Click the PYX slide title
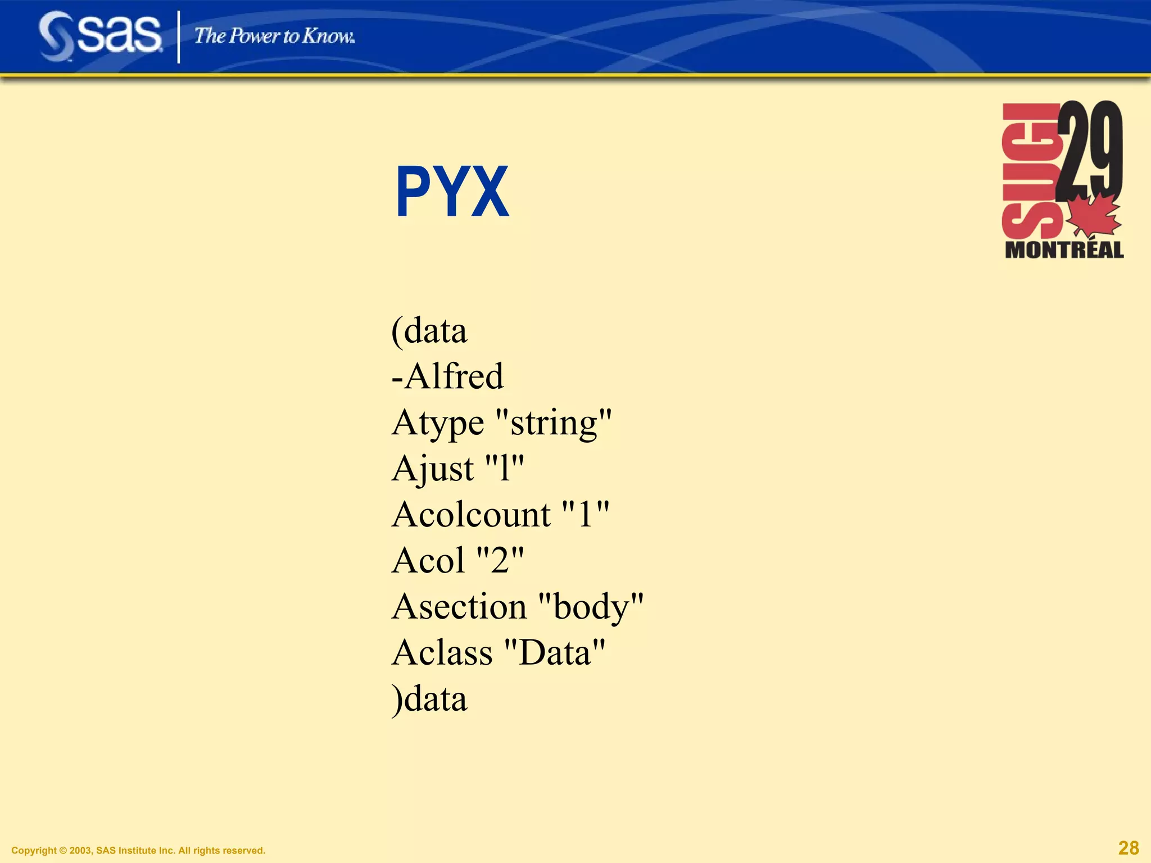(x=452, y=192)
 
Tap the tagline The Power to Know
(x=274, y=37)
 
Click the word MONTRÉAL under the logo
(x=1064, y=250)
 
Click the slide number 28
(x=1129, y=848)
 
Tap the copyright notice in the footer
(x=138, y=851)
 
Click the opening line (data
(x=429, y=330)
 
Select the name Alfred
(x=454, y=376)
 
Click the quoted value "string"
(x=554, y=423)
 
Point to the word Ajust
(x=433, y=469)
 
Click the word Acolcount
(x=471, y=515)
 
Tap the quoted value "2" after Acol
(x=500, y=561)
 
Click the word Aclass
(x=442, y=653)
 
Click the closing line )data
(x=429, y=699)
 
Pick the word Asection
(x=459, y=607)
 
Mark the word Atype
(x=437, y=423)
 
